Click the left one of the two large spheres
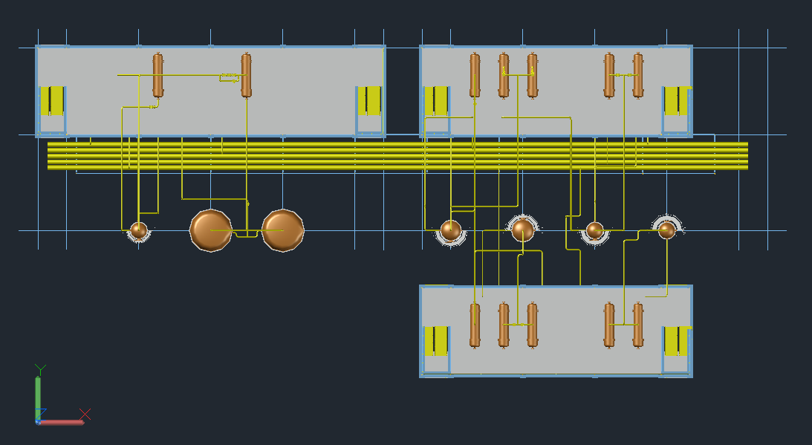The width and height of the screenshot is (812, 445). (x=211, y=230)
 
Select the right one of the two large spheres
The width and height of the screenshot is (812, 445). (x=283, y=230)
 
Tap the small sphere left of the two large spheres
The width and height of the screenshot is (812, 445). (x=138, y=230)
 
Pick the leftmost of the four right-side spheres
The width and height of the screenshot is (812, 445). (x=451, y=230)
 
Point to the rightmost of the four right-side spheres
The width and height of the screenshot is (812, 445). (x=667, y=230)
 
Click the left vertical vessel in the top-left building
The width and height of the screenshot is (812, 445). (x=157, y=75)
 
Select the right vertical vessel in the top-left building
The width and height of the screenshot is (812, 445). (x=246, y=75)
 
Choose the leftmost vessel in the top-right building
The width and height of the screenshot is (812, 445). (x=475, y=75)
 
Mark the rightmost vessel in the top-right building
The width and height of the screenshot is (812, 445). (x=637, y=75)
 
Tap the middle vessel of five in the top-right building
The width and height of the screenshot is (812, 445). (x=532, y=75)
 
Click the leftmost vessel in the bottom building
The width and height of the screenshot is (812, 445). (x=475, y=325)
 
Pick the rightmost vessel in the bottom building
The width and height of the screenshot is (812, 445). (x=637, y=325)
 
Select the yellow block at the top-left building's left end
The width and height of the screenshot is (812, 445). (x=52, y=101)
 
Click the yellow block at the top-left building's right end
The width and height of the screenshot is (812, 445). (x=369, y=101)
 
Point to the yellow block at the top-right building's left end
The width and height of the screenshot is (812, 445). (x=436, y=101)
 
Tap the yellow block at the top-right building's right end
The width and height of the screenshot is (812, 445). (x=676, y=101)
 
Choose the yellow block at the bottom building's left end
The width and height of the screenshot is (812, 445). (x=436, y=341)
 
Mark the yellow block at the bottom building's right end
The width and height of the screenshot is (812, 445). (x=676, y=341)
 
